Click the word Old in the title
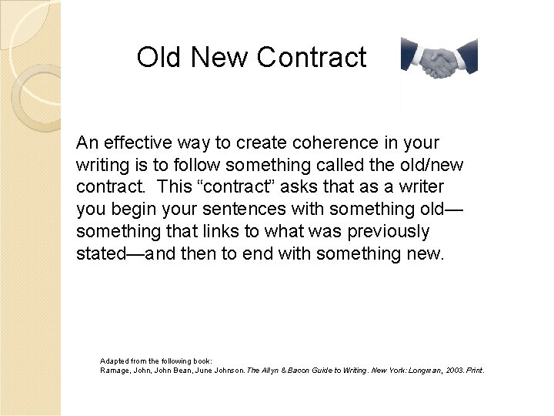click(159, 58)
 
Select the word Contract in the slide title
click(312, 58)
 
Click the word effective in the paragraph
click(142, 143)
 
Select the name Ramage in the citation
click(115, 371)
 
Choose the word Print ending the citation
click(475, 371)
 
